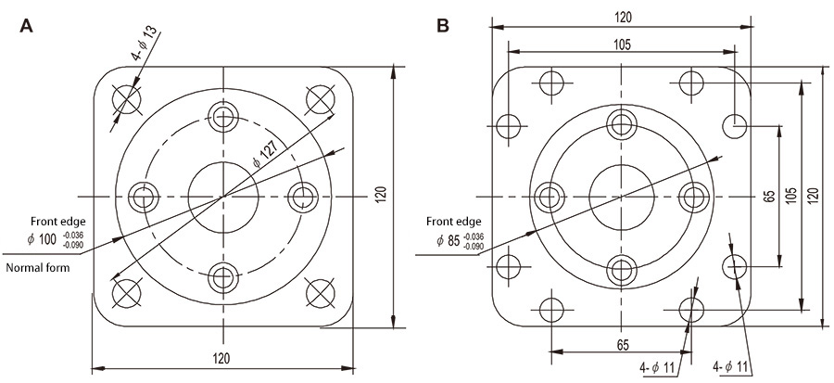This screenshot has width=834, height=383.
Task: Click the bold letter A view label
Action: coord(27,26)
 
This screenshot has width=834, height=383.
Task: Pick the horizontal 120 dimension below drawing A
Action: coord(221,358)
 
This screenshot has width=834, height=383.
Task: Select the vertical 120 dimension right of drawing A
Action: coord(381,197)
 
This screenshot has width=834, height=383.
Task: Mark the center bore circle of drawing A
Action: coord(221,196)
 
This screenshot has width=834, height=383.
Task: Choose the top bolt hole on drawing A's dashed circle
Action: coord(221,117)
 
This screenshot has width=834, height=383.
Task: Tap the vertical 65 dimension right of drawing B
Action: coord(768,197)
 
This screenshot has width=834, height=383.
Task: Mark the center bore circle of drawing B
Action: coord(620,196)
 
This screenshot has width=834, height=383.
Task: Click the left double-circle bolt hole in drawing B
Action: coord(550,196)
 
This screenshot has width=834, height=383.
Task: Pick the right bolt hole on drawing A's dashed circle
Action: coord(301,196)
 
